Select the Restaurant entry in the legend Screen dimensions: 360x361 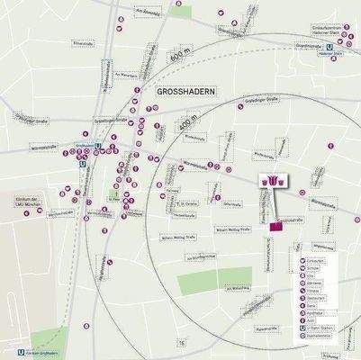pos(312,298)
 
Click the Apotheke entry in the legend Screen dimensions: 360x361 pos(312,313)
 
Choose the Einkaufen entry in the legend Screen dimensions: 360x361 pos(312,261)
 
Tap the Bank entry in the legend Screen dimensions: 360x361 pos(312,306)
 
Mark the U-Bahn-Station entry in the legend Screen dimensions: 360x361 pos(312,328)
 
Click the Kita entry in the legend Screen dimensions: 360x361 pos(312,275)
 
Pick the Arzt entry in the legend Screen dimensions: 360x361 pos(312,320)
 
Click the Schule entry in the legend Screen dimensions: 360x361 pos(312,268)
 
